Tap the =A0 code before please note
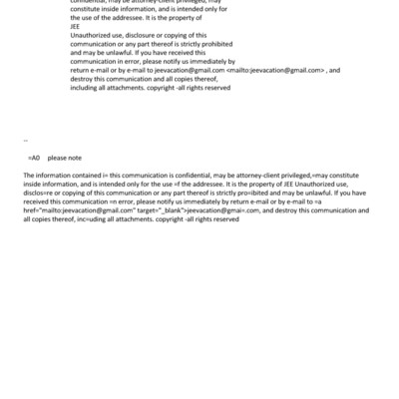[x=33, y=159]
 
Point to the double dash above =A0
[x=25, y=142]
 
